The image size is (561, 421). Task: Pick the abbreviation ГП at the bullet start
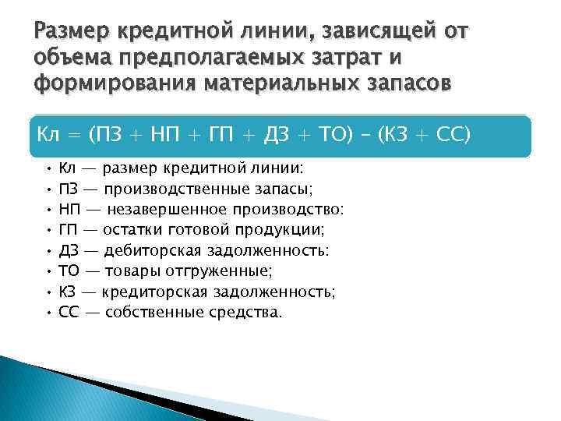pyautogui.click(x=69, y=230)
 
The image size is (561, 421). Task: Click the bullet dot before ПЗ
pyautogui.click(x=48, y=188)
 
